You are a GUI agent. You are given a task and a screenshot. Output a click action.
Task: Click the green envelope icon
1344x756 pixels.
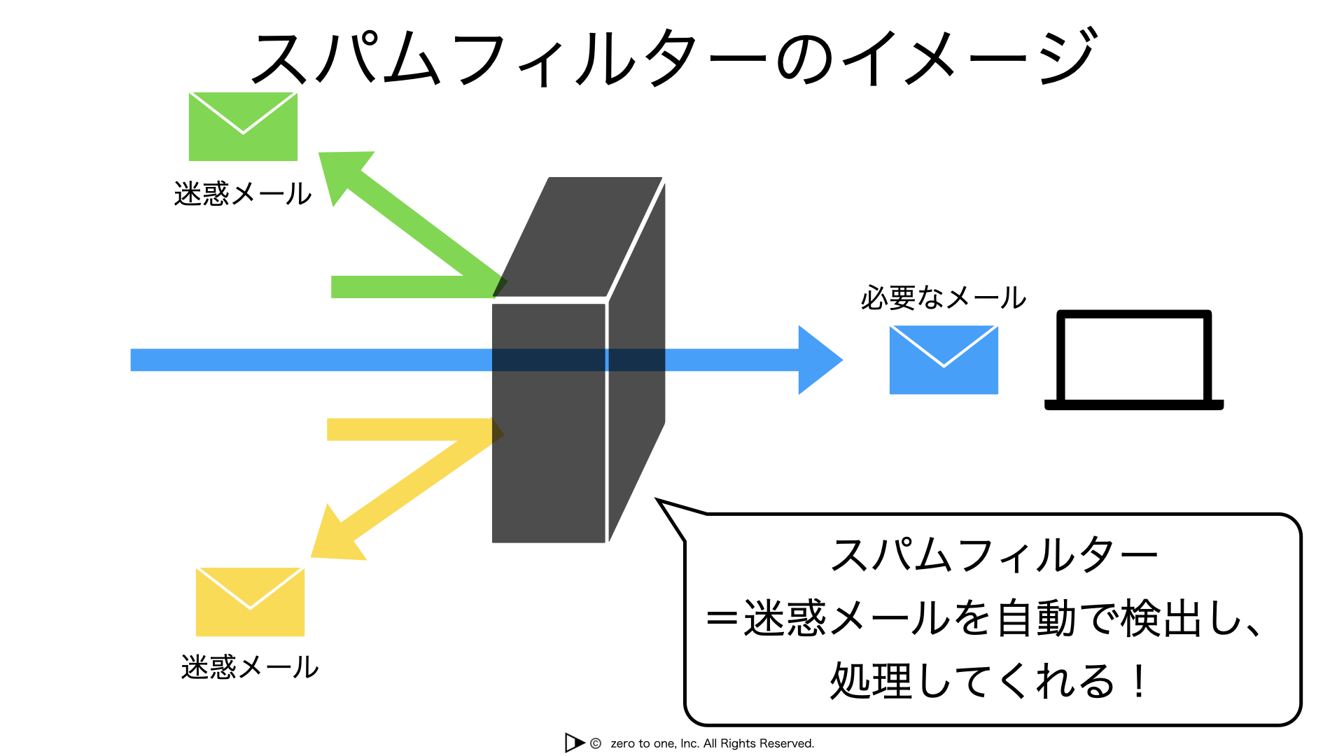243,127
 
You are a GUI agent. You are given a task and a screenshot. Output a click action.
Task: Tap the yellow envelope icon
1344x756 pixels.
250,602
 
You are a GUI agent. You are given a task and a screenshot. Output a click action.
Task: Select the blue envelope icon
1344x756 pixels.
944,360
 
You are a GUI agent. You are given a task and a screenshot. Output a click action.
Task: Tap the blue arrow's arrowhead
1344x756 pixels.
820,360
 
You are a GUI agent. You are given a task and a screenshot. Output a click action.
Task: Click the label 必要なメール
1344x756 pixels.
943,298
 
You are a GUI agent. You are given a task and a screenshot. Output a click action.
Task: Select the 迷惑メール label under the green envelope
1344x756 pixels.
243,194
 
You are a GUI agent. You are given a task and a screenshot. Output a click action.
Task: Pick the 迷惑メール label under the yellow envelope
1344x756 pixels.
250,667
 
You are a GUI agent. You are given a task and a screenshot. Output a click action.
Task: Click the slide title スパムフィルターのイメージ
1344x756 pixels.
673,57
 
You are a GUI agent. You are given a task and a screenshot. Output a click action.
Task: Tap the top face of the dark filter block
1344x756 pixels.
578,237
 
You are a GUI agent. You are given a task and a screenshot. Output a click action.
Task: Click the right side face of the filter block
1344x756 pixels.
636,362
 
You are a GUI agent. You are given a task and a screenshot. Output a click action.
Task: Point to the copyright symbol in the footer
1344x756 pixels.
596,743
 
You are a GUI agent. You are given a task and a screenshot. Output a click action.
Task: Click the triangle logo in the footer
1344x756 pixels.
574,743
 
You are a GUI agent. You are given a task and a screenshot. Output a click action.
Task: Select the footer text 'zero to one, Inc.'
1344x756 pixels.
654,743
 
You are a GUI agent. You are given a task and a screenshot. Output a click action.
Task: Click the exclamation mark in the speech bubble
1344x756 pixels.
1140,681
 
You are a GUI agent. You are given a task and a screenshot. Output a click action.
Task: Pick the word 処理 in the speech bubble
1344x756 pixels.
871,681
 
